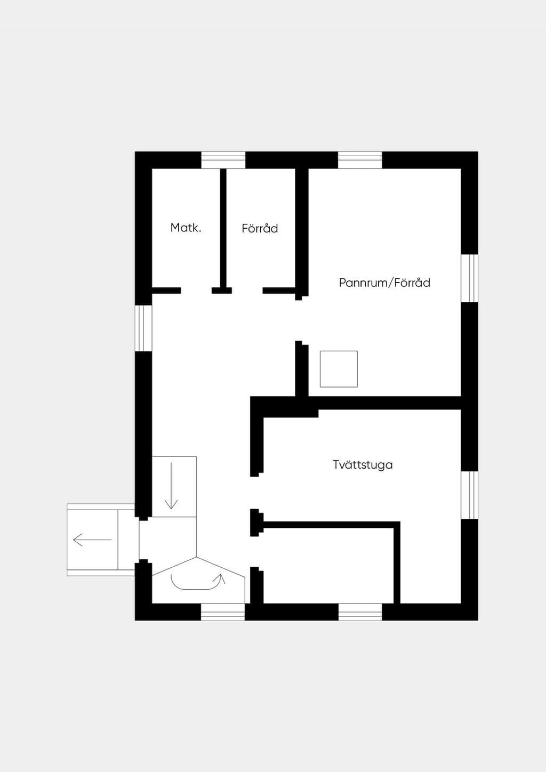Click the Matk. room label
pyautogui.click(x=186, y=228)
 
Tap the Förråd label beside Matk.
pyautogui.click(x=260, y=229)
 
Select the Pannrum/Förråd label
pyautogui.click(x=384, y=283)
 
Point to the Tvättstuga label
pyautogui.click(x=363, y=465)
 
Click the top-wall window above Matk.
pyautogui.click(x=223, y=160)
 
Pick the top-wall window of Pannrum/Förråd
pyautogui.click(x=360, y=160)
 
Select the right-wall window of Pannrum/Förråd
pyautogui.click(x=469, y=278)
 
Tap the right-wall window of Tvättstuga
pyautogui.click(x=469, y=495)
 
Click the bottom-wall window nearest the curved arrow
pyautogui.click(x=223, y=612)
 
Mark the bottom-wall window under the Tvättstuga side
pyautogui.click(x=360, y=612)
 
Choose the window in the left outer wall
pyautogui.click(x=143, y=328)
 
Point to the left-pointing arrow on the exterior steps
pyautogui.click(x=92, y=540)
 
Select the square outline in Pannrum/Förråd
pyautogui.click(x=339, y=369)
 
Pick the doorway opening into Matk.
pyautogui.click(x=196, y=291)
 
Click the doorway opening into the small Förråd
pyautogui.click(x=247, y=291)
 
